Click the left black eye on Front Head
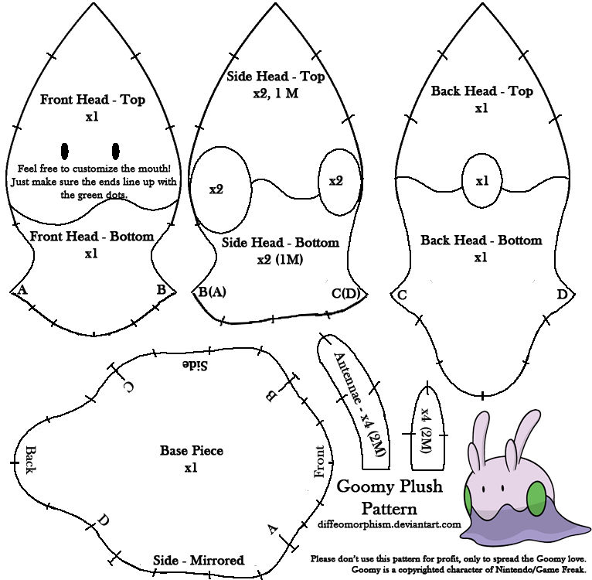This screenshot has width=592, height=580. point(65,149)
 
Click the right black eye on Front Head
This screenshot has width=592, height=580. point(116,149)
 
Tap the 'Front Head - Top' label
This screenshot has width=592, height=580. point(93,100)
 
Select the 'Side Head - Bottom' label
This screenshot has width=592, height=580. point(280,243)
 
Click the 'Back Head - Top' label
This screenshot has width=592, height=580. point(481,91)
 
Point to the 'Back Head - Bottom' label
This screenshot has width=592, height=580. point(481,241)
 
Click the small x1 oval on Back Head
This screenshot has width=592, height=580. point(482,181)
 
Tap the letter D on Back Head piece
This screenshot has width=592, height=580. point(562,295)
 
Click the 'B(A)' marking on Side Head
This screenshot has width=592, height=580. point(212,292)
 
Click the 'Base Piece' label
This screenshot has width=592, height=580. point(191,451)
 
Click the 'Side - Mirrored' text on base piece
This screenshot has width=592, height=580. point(199,560)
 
